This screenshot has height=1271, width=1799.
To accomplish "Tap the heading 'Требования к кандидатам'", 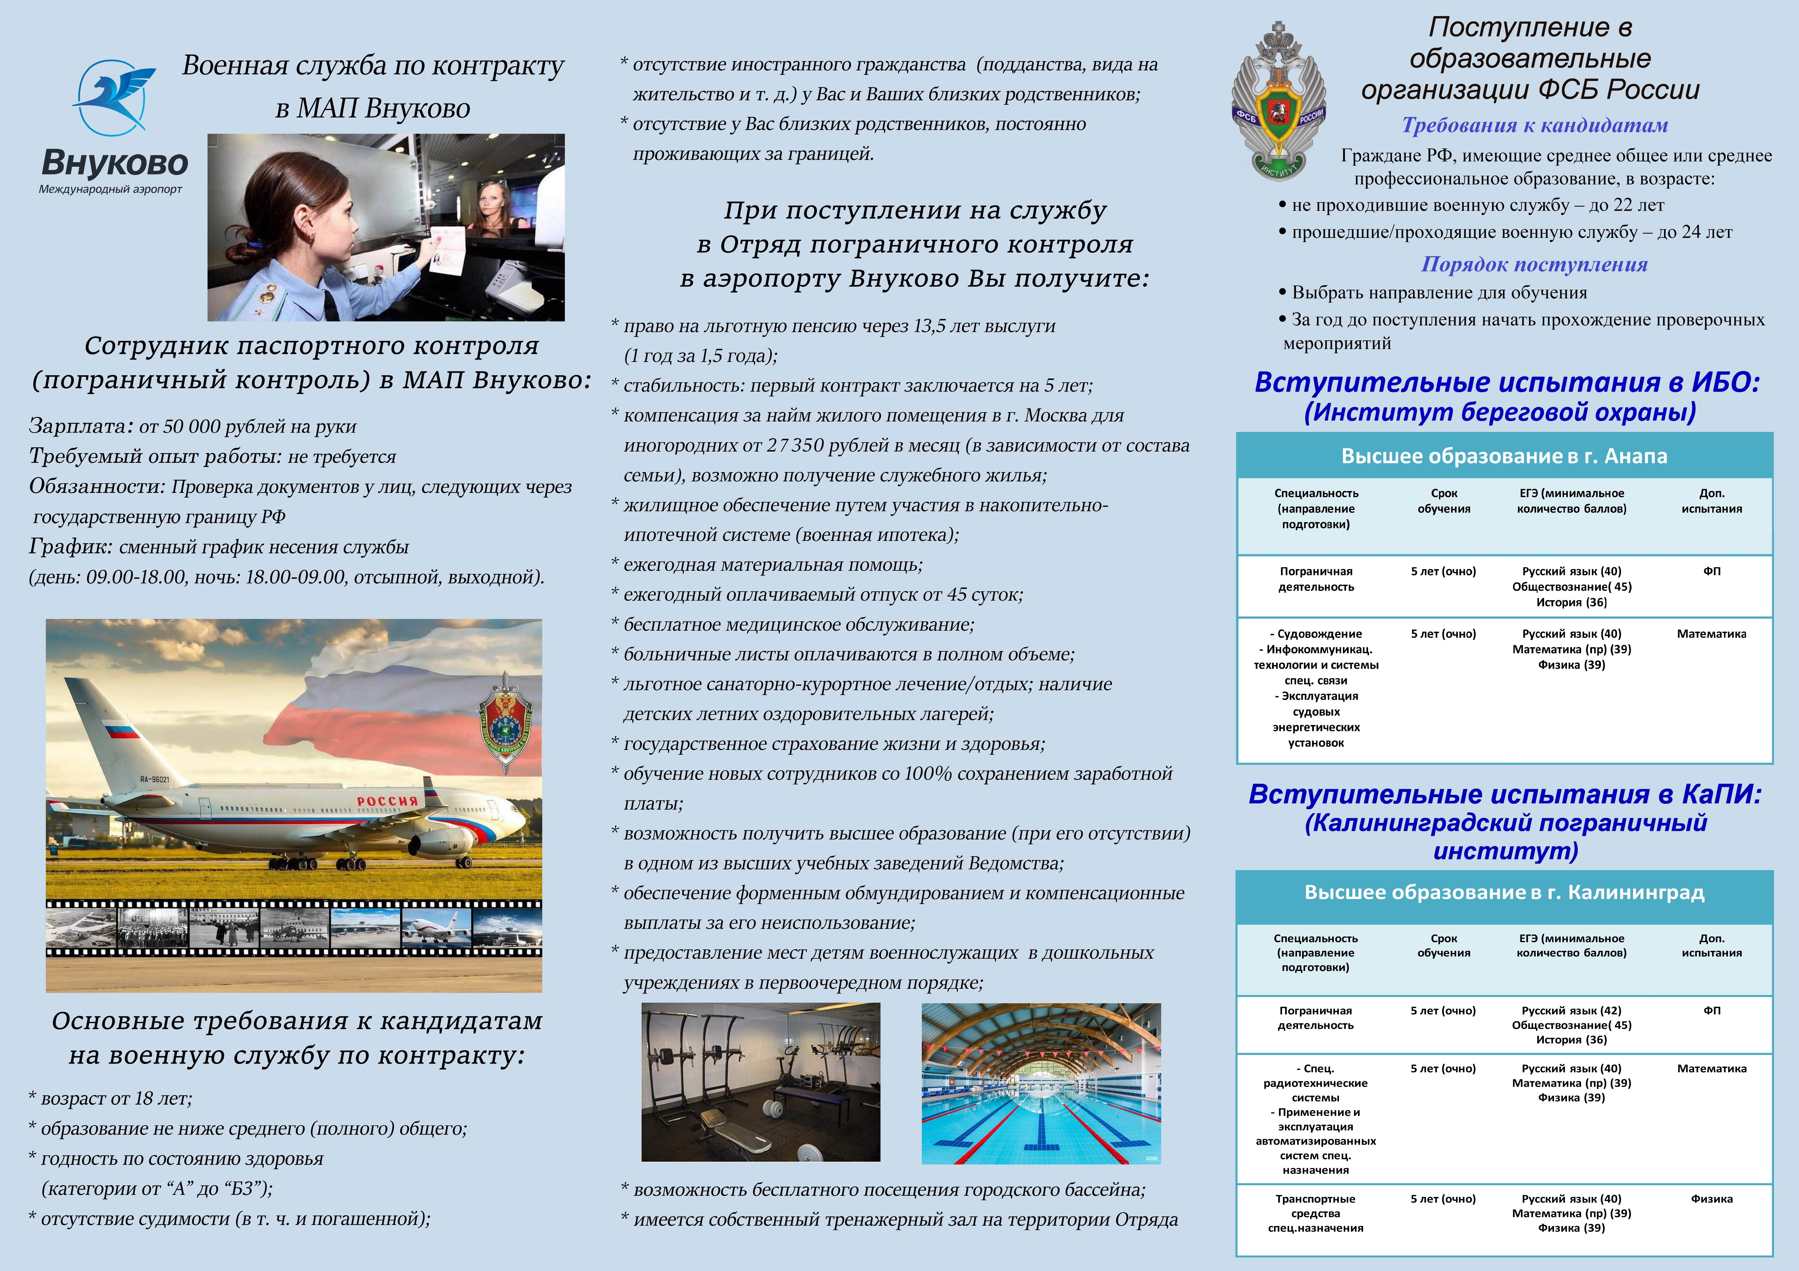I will [1534, 125].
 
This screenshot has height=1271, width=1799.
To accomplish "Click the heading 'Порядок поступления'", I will [1534, 265].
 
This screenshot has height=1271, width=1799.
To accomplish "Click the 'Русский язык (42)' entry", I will [1571, 1010].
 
